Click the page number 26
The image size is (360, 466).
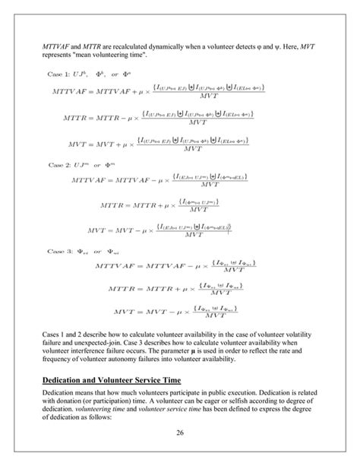(x=180, y=433)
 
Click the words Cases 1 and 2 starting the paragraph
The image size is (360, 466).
(x=67, y=331)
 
